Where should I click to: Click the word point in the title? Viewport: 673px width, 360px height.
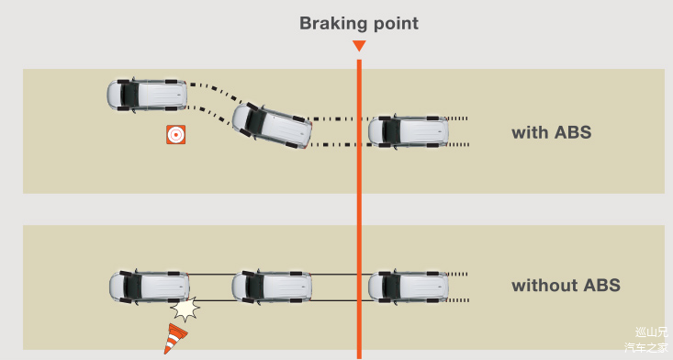[x=396, y=25]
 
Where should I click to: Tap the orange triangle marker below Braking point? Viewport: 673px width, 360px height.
[x=359, y=46]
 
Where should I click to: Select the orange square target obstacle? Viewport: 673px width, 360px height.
[x=176, y=134]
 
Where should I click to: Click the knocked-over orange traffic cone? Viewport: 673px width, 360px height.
[x=174, y=339]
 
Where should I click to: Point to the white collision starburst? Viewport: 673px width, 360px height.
[x=185, y=308]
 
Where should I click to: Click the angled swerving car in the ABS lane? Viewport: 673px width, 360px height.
[x=272, y=127]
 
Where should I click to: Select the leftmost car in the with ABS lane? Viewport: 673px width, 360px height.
[x=147, y=95]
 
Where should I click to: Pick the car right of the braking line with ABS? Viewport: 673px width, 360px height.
[x=409, y=131]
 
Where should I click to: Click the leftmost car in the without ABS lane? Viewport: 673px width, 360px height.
[x=149, y=287]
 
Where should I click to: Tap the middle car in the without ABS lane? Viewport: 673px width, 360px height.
[x=272, y=287]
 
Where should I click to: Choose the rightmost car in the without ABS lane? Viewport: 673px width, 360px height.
[x=409, y=287]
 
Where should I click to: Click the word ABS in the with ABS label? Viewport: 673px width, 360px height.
[x=573, y=132]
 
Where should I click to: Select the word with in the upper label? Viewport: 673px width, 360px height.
[x=530, y=132]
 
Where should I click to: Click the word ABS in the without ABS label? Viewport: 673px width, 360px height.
[x=601, y=285]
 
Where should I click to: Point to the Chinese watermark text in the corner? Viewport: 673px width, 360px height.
[x=646, y=340]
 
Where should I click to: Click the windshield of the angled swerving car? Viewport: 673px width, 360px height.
[x=252, y=119]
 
